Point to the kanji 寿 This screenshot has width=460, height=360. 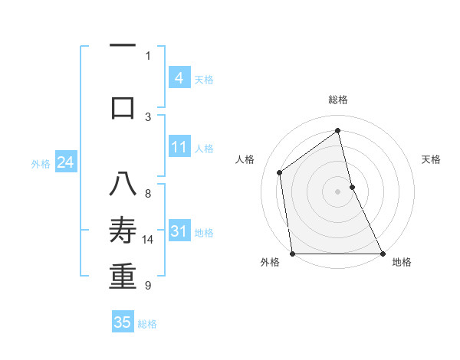tap(123, 231)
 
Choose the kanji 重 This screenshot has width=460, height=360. tap(123, 277)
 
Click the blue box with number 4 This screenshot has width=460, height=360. tap(179, 78)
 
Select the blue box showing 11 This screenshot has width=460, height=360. tap(179, 147)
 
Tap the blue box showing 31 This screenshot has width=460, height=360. tap(179, 231)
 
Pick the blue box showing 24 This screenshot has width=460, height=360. tap(65, 162)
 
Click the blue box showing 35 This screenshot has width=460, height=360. tap(123, 322)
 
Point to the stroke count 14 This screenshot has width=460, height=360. tap(148, 240)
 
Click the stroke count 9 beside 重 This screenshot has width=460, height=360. tap(148, 286)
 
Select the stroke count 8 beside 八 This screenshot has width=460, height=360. tap(148, 194)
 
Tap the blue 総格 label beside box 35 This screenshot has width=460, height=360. tap(147, 324)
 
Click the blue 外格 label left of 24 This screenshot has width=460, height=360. tap(41, 163)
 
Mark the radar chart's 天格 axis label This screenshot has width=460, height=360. tap(431, 159)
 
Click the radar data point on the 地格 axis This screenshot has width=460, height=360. tap(382, 253)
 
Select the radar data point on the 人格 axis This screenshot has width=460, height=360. tap(279, 172)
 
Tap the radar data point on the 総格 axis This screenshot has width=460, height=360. tap(337, 131)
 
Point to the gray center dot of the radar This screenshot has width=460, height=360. tap(337, 191)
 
